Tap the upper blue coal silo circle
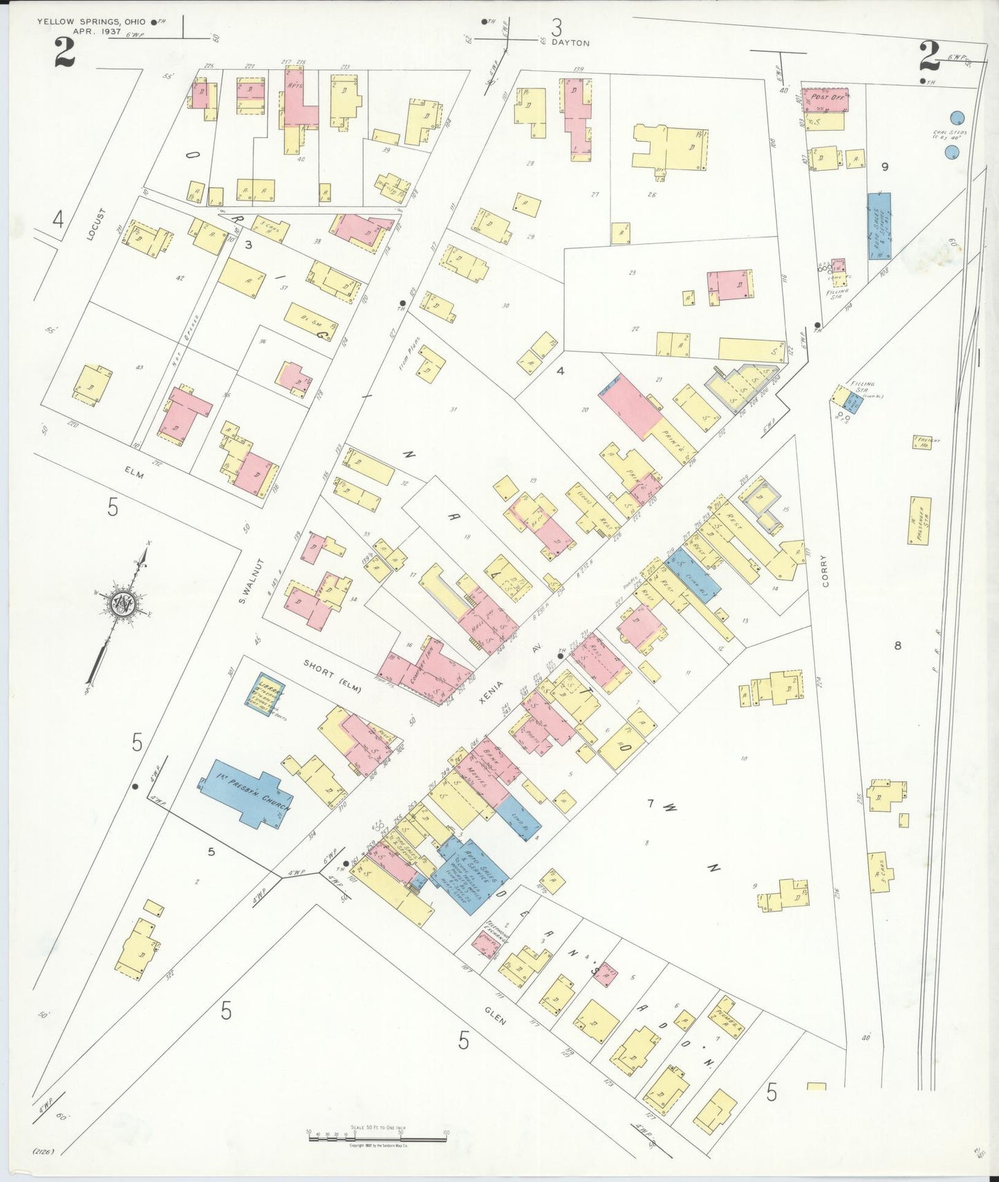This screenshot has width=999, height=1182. click(x=957, y=118)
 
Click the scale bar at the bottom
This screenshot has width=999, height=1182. click(x=377, y=1136)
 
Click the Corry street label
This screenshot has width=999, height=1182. click(x=824, y=570)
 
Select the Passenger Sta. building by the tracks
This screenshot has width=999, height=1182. click(x=919, y=520)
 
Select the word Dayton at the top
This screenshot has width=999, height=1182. click(x=571, y=43)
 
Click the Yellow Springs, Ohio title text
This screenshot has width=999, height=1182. click(x=91, y=22)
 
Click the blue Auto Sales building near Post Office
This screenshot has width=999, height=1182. click(x=879, y=226)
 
